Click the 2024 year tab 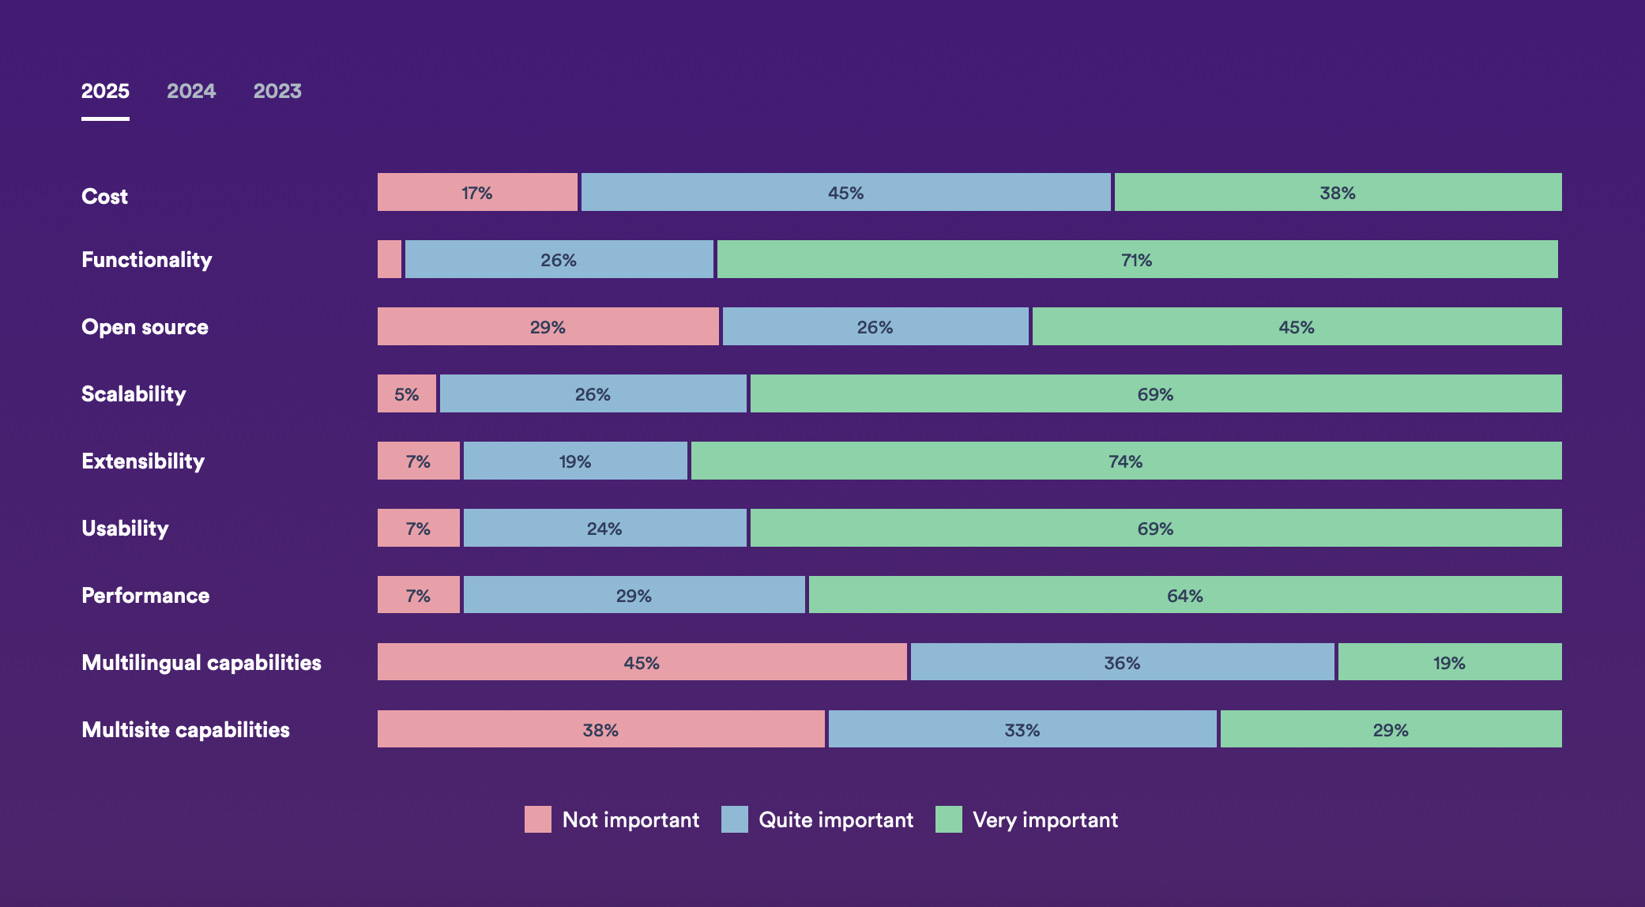[x=191, y=91]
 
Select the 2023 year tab [x=277, y=91]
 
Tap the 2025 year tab [x=105, y=91]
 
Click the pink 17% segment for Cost [x=477, y=192]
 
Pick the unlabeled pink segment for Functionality [x=390, y=259]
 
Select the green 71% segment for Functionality [x=1137, y=259]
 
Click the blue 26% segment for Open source [x=875, y=326]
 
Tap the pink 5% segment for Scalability [x=407, y=393]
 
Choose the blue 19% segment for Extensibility [x=575, y=461]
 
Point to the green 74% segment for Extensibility [x=1126, y=461]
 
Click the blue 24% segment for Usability [x=604, y=528]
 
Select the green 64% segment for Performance [x=1185, y=595]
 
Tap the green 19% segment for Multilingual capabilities [x=1450, y=662]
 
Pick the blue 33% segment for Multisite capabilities [x=1022, y=729]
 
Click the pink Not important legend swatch [x=538, y=819]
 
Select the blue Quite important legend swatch [x=735, y=819]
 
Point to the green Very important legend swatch [x=949, y=819]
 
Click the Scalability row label [x=134, y=393]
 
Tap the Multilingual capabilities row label [x=201, y=662]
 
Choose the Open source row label [x=145, y=326]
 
